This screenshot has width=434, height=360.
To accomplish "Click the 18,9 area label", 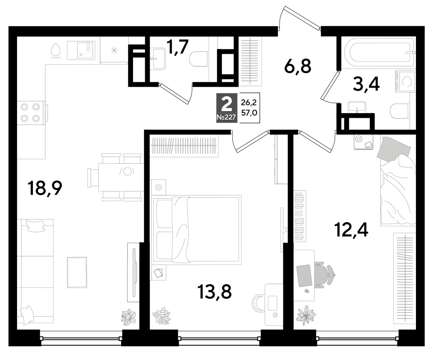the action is point(45,188).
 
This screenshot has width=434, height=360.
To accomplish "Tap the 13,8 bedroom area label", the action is point(214,292).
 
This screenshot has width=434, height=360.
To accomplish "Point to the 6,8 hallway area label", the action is point(298,66).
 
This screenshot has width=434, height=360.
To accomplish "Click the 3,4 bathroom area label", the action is point(366,84).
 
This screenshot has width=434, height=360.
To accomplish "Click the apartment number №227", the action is point(226,117).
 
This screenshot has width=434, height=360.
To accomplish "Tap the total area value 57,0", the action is point(249,113).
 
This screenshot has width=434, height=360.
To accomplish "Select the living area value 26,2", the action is point(249,102).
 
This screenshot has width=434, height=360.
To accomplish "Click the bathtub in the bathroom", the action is point(379,53).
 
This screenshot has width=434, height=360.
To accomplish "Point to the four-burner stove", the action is point(30,113).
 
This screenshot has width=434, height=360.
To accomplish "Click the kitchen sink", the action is point(81,50).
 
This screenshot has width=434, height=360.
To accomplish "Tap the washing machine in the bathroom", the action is point(405,81).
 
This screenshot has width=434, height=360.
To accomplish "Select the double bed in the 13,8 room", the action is point(197,230).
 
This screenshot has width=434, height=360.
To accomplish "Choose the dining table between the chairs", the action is point(121,177).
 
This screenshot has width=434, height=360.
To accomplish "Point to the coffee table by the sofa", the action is point(77,272).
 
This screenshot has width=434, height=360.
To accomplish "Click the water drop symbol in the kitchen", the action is point(56,50).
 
